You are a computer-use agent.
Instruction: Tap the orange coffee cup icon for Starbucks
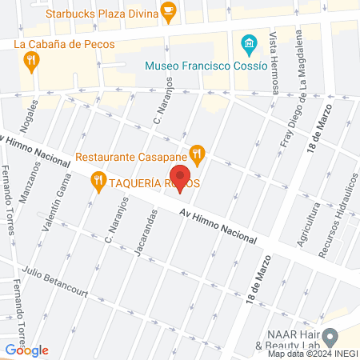168,10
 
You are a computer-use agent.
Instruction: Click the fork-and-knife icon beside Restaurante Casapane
196,152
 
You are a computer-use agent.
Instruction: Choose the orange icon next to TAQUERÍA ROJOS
98,182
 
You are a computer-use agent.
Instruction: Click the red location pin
180,179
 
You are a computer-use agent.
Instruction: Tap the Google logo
26,350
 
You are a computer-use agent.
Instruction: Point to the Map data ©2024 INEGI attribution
312,354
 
